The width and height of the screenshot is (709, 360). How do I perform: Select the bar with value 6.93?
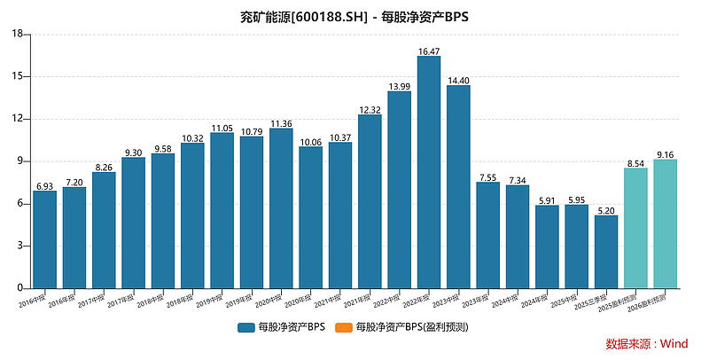pyautogui.click(x=45, y=239)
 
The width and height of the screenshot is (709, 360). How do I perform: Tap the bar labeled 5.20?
pyautogui.click(x=606, y=252)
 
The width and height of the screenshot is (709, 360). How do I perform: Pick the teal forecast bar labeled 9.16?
pyautogui.click(x=666, y=223)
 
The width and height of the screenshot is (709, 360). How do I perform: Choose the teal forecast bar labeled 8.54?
pyautogui.click(x=635, y=228)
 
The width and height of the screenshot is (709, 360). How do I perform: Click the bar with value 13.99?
pyautogui.click(x=400, y=190)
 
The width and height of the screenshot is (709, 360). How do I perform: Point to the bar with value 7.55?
pyautogui.click(x=488, y=235)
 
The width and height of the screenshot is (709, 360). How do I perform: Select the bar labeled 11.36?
pyautogui.click(x=281, y=208)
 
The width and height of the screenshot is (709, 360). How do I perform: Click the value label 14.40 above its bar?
pyautogui.click(x=458, y=81)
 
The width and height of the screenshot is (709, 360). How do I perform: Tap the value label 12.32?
pyautogui.click(x=370, y=110)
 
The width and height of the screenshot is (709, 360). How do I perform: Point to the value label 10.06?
pyautogui.click(x=311, y=142)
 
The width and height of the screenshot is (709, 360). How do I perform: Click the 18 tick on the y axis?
pyautogui.click(x=18, y=34)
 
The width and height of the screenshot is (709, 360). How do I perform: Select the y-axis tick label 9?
pyautogui.click(x=20, y=161)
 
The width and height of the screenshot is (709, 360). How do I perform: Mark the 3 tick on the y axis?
pyautogui.click(x=20, y=246)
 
